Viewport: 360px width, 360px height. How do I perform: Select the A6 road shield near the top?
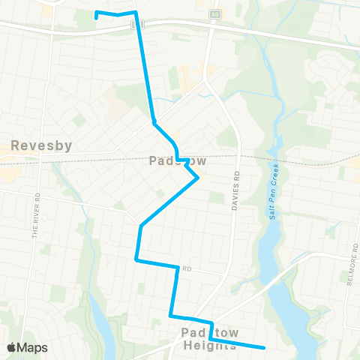(216, 14)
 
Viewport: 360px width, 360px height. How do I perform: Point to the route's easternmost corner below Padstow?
(198, 178)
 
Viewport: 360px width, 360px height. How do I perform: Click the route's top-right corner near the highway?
(136, 13)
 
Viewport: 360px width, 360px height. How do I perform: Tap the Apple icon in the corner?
(11, 347)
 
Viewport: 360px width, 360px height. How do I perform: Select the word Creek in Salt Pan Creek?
(274, 170)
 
